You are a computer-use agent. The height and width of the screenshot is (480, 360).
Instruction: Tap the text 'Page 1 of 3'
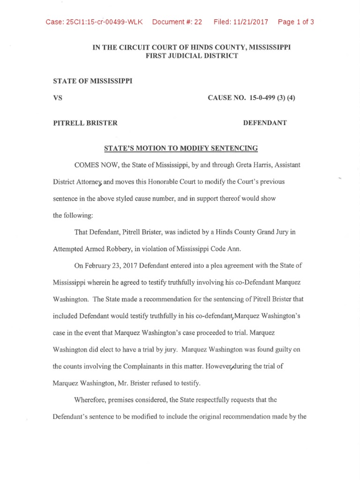pyautogui.click(x=295, y=22)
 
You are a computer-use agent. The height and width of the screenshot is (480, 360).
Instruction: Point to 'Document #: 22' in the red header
pyautogui.click(x=177, y=22)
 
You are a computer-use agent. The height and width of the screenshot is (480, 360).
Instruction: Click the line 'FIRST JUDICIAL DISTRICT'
pyautogui.click(x=192, y=56)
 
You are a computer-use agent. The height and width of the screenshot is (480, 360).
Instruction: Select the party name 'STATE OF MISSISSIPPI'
pyautogui.click(x=93, y=81)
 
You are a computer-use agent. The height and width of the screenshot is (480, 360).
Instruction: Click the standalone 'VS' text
pyautogui.click(x=58, y=98)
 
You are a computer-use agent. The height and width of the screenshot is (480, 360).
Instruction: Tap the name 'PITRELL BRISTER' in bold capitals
pyautogui.click(x=85, y=123)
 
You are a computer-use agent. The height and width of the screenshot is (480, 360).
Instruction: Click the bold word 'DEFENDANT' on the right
pyautogui.click(x=265, y=123)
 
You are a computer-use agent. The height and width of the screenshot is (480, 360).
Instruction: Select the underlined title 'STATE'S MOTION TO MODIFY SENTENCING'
pyautogui.click(x=180, y=148)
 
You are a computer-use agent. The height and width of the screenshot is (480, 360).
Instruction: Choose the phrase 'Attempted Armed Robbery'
pyautogui.click(x=87, y=248)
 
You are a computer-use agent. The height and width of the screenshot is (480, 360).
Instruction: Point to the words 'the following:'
pyautogui.click(x=73, y=215)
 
